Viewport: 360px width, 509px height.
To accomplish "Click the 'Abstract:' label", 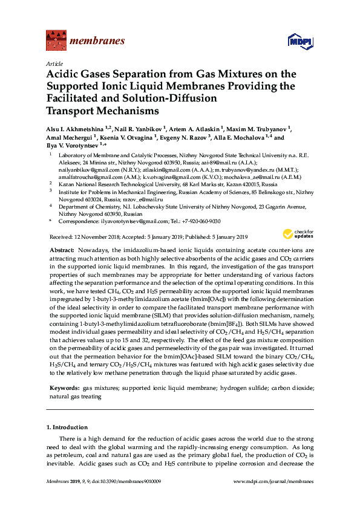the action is coord(62,250).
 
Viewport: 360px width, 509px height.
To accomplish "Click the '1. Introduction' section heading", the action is coord(67,427).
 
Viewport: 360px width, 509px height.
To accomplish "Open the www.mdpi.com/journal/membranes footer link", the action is coord(273,482).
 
